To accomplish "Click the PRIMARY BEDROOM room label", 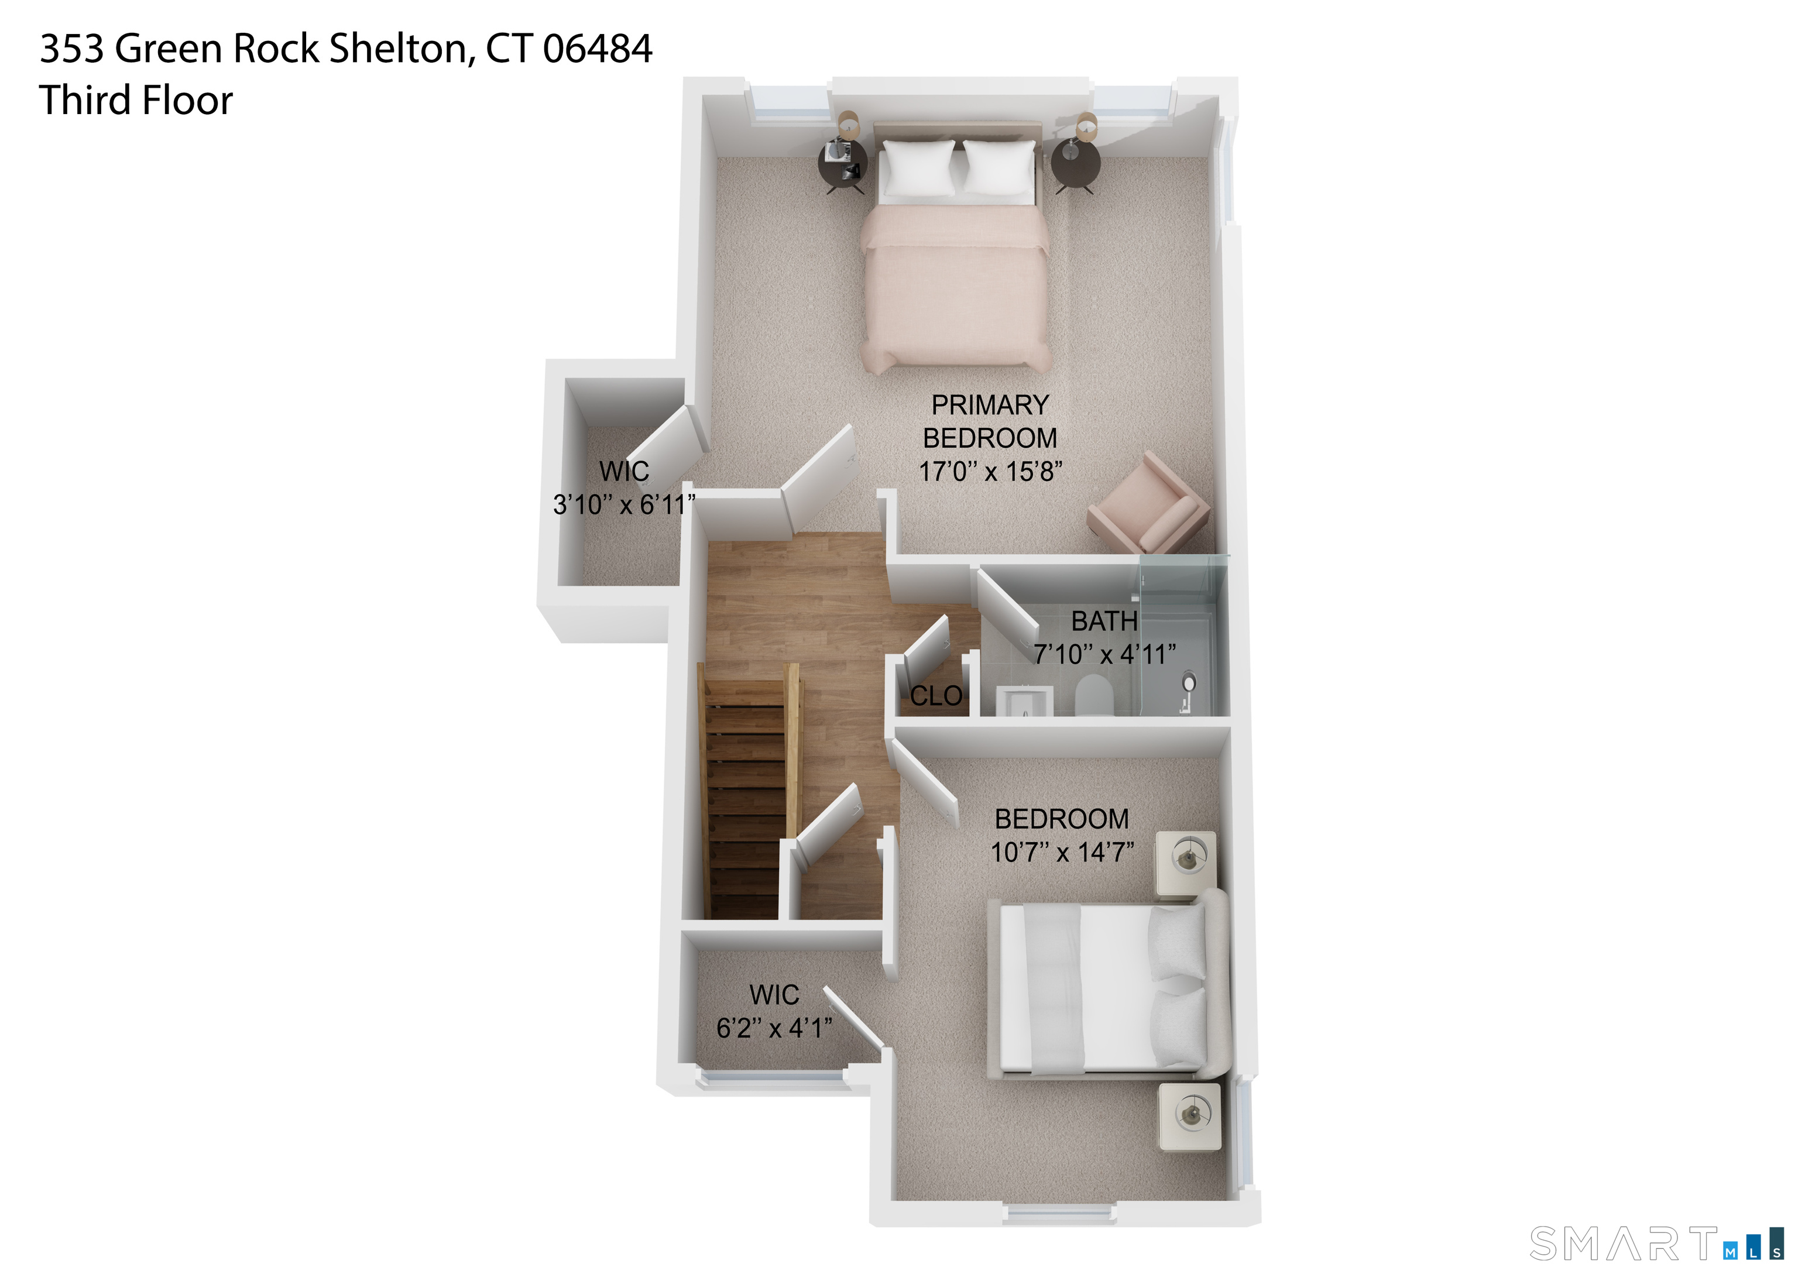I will pos(989,421).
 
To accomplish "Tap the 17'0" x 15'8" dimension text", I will pos(990,472).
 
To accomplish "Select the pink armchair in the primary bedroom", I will pos(1150,503).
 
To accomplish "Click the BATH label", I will pos(1104,621).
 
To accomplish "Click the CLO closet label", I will pos(936,696).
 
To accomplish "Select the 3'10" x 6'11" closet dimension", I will pos(624,504).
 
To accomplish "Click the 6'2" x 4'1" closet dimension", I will pos(774,1028).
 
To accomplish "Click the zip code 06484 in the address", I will pos(598,49).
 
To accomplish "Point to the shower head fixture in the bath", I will pos(1189,684).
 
